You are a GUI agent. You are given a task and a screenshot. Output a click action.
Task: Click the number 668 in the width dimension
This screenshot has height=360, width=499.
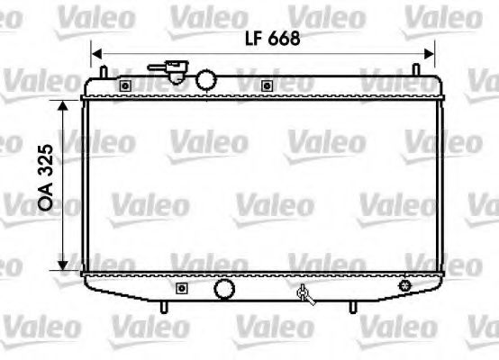click(x=279, y=38)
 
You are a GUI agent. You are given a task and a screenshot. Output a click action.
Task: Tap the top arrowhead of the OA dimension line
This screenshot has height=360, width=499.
click(x=62, y=104)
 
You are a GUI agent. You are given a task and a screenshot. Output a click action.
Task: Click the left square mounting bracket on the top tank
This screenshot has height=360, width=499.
click(x=124, y=85)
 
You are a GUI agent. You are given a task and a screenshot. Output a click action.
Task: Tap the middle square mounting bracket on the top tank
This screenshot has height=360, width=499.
click(x=267, y=85)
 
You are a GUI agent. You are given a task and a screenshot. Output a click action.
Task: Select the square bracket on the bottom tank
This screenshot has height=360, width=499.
click(x=181, y=289)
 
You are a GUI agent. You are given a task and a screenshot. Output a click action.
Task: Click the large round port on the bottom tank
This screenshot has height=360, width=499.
click(x=222, y=290)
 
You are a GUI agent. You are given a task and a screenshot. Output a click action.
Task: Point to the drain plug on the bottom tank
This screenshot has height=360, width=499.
click(x=305, y=292)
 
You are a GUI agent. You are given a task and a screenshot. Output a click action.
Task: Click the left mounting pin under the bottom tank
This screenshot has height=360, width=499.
click(x=164, y=308)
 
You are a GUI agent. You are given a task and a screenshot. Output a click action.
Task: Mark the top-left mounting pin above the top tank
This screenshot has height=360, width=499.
click(x=104, y=69)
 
